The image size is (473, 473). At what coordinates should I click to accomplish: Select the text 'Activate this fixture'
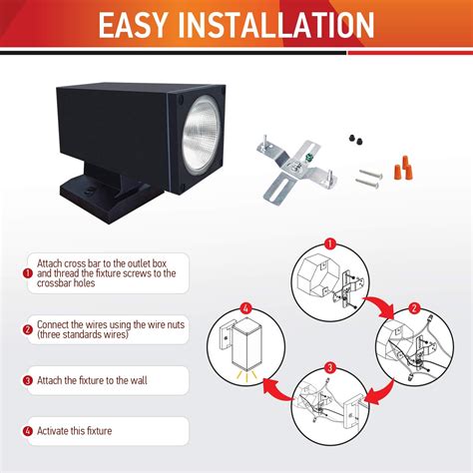click(x=75, y=430)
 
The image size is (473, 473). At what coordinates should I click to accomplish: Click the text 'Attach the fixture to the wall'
click(x=97, y=380)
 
